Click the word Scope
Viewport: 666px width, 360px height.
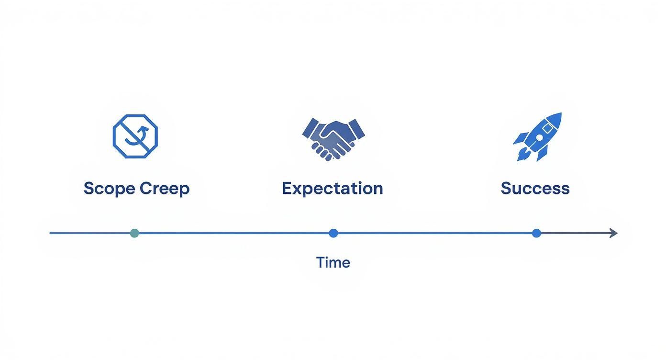109,188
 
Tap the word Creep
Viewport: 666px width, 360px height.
164,188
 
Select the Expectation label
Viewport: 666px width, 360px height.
333,188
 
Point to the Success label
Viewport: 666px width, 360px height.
535,188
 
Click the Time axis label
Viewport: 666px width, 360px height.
333,262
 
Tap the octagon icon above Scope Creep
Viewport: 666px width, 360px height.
135,136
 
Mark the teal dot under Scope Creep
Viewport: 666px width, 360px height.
134,233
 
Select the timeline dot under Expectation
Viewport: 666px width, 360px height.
333,233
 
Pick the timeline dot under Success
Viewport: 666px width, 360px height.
536,233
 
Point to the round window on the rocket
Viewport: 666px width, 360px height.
539,137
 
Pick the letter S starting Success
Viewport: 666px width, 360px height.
506,188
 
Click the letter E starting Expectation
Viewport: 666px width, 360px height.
287,188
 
